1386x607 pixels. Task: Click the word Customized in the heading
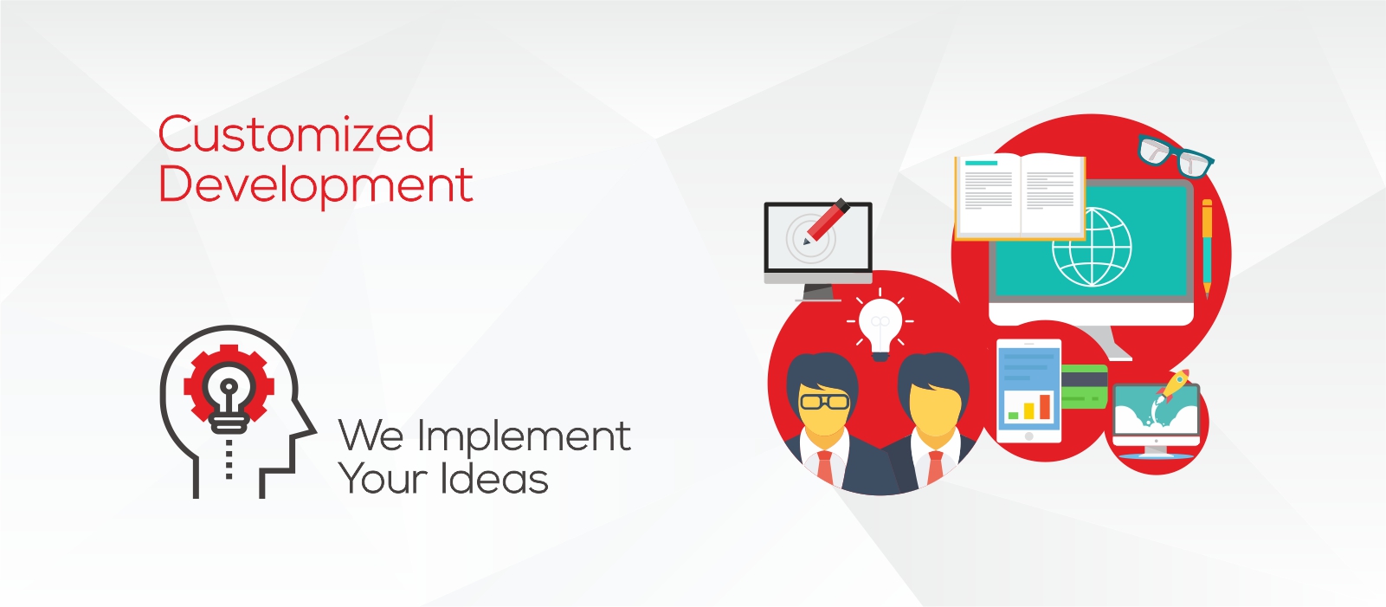(296, 133)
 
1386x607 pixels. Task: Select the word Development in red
(316, 184)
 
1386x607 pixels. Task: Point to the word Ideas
(494, 478)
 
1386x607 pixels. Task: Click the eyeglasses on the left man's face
(824, 402)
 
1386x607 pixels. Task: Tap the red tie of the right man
(934, 468)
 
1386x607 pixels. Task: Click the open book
(1020, 197)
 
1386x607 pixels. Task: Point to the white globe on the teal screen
(1093, 248)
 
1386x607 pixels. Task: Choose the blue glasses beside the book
(1175, 156)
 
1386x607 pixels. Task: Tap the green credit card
(1084, 387)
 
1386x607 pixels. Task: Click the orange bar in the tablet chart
(1044, 406)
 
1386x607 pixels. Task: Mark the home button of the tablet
(1029, 436)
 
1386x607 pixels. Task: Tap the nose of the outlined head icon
(309, 426)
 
